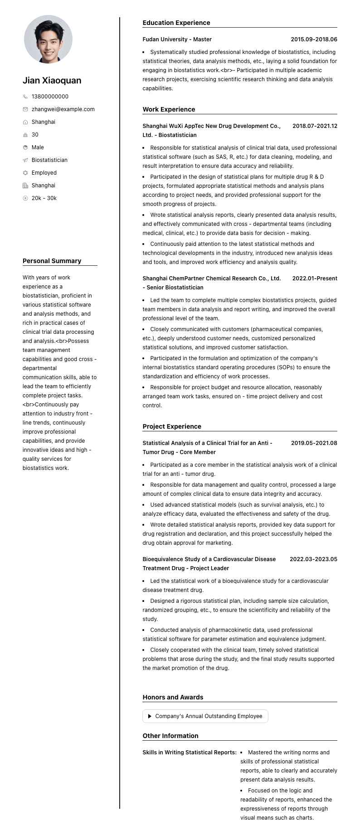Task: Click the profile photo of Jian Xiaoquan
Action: click(x=48, y=39)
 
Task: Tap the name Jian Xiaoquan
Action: click(x=52, y=80)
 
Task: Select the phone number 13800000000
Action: click(x=50, y=97)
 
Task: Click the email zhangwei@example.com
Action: click(x=63, y=109)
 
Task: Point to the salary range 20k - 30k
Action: click(x=44, y=198)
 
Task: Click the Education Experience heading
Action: click(x=176, y=23)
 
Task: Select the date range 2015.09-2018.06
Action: click(x=314, y=39)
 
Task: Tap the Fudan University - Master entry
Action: click(x=177, y=39)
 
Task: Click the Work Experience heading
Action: click(x=169, y=109)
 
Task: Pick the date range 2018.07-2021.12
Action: click(x=315, y=126)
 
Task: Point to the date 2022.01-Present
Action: click(x=315, y=279)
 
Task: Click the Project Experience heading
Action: click(x=172, y=426)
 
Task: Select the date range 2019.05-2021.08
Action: click(x=314, y=443)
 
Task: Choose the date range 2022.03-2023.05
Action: click(x=313, y=559)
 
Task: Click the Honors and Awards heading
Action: click(x=173, y=697)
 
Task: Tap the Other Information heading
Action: click(x=170, y=736)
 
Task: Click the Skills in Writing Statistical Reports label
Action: click(x=190, y=753)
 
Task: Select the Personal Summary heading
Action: click(x=52, y=261)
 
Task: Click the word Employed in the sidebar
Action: click(x=44, y=173)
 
